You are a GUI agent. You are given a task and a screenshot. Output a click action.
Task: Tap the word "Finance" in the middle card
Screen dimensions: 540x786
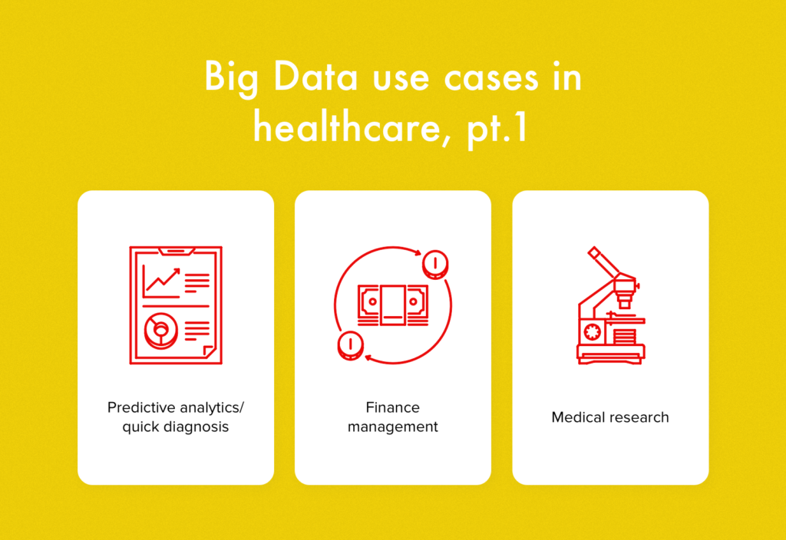click(392, 407)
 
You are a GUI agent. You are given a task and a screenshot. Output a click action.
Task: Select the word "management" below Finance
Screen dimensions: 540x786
click(392, 426)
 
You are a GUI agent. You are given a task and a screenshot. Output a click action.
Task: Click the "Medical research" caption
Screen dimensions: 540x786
click(610, 417)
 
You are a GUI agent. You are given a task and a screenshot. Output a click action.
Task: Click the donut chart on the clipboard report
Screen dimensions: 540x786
click(161, 331)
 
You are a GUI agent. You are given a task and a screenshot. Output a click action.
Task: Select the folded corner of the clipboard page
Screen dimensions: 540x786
click(208, 350)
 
